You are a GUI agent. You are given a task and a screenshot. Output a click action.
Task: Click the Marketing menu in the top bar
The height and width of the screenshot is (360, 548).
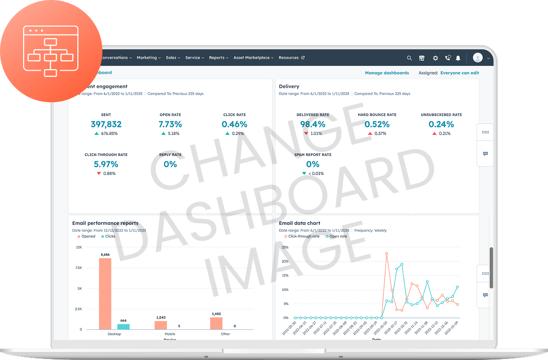tap(149, 58)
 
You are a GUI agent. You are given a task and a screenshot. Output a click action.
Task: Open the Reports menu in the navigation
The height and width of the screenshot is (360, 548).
tap(219, 58)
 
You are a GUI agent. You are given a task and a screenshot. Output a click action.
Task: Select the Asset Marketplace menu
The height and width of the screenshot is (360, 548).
tap(253, 58)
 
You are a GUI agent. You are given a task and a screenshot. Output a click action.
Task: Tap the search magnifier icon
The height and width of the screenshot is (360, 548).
tap(409, 58)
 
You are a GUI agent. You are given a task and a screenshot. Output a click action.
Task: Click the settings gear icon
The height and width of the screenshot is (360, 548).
tap(435, 58)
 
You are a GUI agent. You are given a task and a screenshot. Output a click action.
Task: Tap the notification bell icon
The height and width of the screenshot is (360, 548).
tap(458, 58)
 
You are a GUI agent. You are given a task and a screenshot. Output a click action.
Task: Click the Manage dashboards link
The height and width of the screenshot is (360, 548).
tap(387, 73)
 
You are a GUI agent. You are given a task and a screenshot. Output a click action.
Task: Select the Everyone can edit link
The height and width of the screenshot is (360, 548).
tap(460, 73)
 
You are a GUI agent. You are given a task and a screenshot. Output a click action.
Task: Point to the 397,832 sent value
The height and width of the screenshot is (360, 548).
tap(106, 124)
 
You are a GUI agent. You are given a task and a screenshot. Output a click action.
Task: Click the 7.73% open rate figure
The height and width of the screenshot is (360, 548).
tap(170, 124)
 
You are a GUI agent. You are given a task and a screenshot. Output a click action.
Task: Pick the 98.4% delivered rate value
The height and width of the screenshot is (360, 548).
tap(313, 124)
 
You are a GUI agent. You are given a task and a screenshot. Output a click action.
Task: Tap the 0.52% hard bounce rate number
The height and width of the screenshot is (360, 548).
tap(377, 124)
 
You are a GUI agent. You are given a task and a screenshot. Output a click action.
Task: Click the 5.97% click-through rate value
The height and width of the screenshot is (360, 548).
tap(106, 164)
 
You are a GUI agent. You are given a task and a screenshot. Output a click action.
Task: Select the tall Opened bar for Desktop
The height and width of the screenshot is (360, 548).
tap(105, 293)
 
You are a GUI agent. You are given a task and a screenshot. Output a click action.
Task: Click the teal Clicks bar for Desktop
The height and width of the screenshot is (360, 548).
tap(123, 326)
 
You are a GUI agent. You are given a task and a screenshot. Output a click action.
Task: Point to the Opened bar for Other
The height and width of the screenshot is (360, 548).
tap(216, 323)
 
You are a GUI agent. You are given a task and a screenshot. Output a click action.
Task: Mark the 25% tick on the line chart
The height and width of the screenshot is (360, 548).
tap(285, 247)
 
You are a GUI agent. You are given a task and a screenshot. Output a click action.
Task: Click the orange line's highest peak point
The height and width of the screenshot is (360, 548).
tap(387, 253)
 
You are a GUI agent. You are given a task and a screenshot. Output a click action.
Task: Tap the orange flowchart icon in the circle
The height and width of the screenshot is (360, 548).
tap(50, 51)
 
